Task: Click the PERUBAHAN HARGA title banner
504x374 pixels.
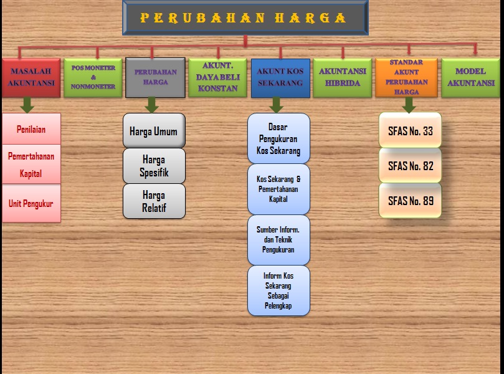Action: click(245, 17)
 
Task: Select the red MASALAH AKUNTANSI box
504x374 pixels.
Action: click(31, 77)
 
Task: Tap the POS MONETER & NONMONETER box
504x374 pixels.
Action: click(93, 77)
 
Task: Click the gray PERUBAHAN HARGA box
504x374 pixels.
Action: click(155, 77)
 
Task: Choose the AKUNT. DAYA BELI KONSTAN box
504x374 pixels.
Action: click(217, 77)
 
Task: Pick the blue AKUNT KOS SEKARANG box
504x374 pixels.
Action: click(280, 77)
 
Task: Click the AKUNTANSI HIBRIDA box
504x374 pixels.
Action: click(342, 77)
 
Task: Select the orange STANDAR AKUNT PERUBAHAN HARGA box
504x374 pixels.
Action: click(406, 77)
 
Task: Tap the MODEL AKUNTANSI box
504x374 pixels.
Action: click(470, 77)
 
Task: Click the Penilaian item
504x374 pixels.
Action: click(31, 130)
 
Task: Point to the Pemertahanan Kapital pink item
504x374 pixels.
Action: click(31, 165)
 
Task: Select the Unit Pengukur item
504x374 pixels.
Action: click(31, 203)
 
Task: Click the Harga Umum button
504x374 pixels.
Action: click(154, 131)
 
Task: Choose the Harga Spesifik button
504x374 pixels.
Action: click(154, 166)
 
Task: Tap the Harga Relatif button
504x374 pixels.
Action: click(154, 201)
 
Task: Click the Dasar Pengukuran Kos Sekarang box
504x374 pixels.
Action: click(278, 138)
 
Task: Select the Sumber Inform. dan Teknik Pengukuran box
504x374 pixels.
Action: click(278, 240)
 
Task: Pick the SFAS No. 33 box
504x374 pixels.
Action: click(410, 131)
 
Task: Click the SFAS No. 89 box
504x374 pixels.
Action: click(410, 201)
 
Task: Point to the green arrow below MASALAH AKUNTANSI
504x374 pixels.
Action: click(27, 105)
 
